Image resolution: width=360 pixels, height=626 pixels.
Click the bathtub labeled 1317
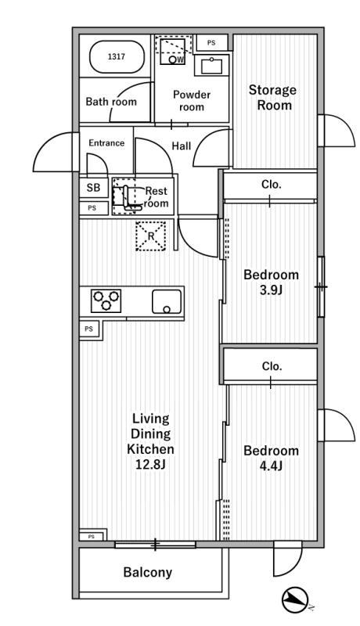(116, 56)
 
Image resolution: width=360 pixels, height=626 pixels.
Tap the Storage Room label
(272, 97)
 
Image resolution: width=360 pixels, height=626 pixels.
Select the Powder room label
(192, 101)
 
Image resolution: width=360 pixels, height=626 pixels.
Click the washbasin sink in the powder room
(211, 66)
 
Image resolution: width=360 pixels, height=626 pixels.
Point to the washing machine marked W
(173, 52)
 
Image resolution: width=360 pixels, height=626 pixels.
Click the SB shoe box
(93, 187)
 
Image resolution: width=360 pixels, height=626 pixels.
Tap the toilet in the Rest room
(127, 197)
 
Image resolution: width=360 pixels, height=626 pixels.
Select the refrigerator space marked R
(150, 236)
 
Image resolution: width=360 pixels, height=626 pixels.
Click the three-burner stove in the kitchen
(106, 300)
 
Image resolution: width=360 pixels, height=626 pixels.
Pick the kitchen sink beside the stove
(167, 301)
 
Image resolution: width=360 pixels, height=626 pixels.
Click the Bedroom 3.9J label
(271, 282)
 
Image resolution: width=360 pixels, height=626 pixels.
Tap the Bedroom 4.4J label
(271, 458)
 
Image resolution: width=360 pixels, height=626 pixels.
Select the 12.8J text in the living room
(150, 465)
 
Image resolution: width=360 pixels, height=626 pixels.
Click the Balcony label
(148, 572)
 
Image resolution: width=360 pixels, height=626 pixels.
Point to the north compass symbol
(295, 600)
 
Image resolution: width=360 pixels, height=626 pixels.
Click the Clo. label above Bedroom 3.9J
(272, 185)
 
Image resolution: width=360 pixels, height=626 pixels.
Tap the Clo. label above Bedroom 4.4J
(272, 366)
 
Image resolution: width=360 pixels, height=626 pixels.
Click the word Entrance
(106, 143)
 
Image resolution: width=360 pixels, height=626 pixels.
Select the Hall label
(182, 146)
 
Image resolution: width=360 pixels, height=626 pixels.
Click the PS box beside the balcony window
(92, 536)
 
